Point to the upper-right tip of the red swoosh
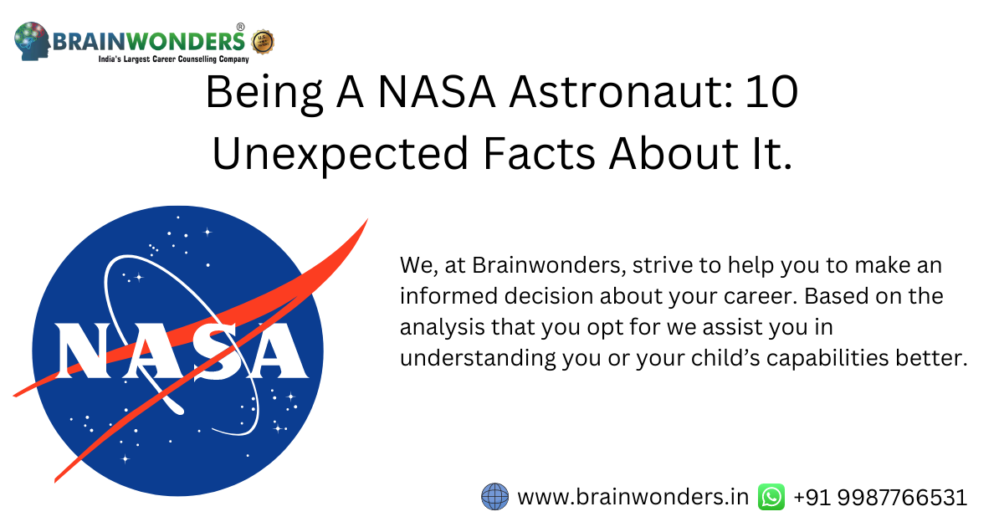click(x=365, y=222)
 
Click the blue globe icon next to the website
click(x=494, y=497)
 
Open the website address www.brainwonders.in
click(x=633, y=497)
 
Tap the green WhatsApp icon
click(x=771, y=497)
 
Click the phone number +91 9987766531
click(x=880, y=497)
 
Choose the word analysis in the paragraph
click(x=438, y=327)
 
